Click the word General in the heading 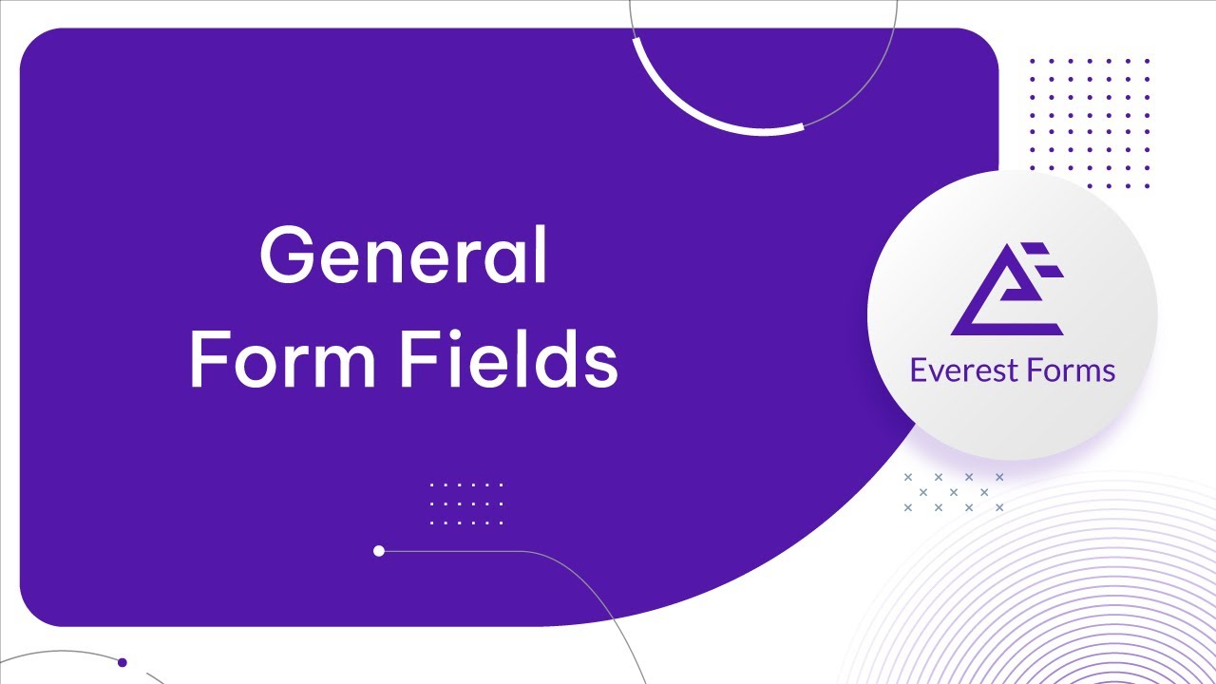[x=404, y=256]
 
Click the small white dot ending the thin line [x=379, y=551]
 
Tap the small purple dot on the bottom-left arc [x=123, y=662]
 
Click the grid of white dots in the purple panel [x=466, y=503]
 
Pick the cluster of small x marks [x=953, y=492]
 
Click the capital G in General [x=288, y=256]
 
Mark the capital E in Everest [x=918, y=370]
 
